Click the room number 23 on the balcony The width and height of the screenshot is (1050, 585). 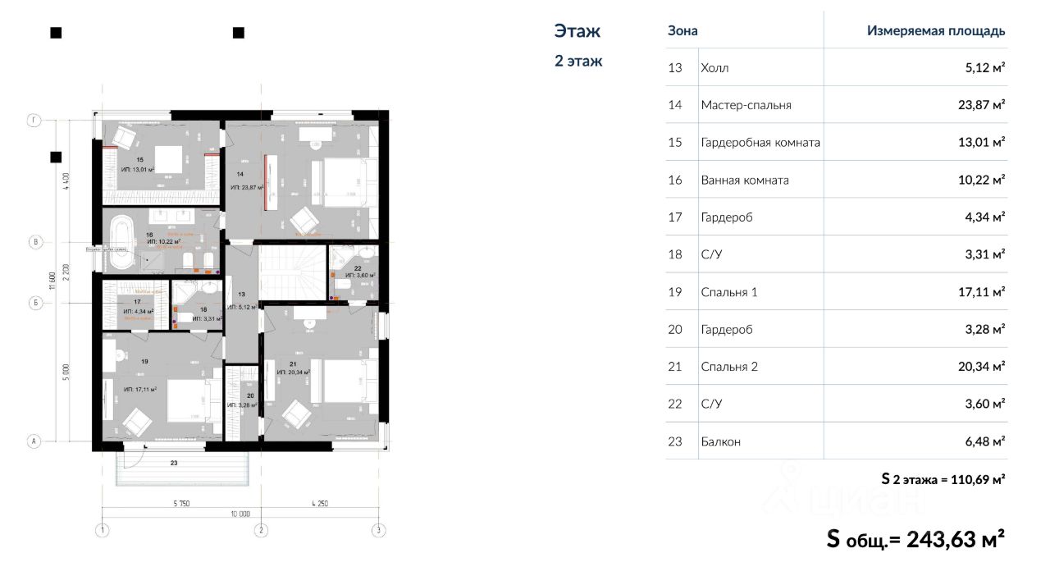pos(174,464)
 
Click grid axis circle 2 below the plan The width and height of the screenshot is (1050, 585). pos(261,530)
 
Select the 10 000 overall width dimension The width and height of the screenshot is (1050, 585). pos(240,514)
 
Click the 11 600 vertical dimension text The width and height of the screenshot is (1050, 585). pos(52,281)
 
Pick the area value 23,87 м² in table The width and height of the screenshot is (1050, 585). pos(983,105)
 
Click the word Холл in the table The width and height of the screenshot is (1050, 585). pos(714,68)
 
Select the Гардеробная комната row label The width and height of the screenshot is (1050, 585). pos(760,143)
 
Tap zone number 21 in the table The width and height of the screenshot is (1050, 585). pos(675,367)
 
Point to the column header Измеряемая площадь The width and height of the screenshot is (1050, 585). pos(936,31)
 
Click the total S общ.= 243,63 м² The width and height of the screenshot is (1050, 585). pos(915,540)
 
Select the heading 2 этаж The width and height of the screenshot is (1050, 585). pos(578,61)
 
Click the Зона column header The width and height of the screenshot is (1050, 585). pos(682,31)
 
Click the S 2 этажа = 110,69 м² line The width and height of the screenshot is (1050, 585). pos(943,479)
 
